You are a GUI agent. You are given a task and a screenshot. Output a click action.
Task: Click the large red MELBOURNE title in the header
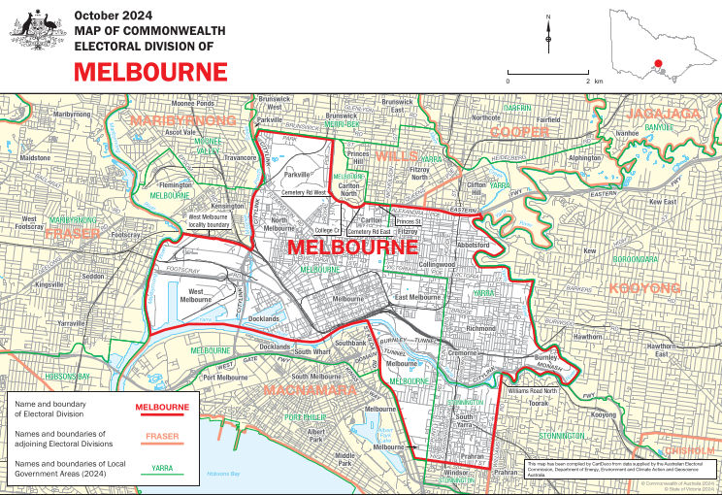150,71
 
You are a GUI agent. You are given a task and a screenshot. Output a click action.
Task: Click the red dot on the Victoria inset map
659,65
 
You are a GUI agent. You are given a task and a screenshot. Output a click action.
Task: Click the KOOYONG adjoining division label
644,288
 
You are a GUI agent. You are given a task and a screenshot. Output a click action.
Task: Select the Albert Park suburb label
315,433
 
